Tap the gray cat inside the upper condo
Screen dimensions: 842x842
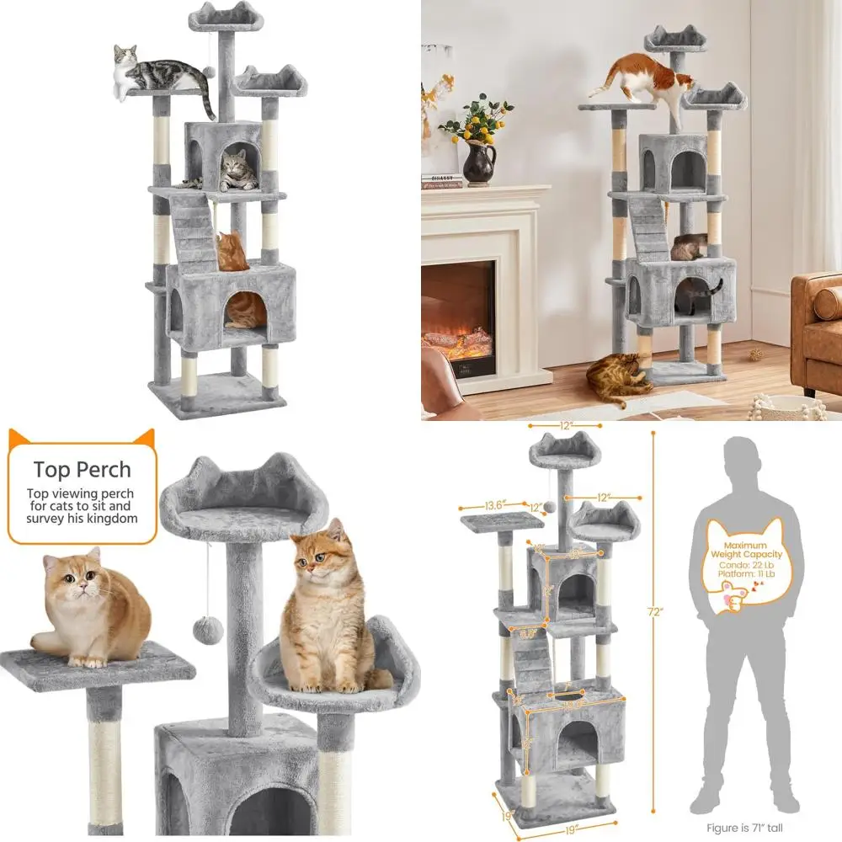237,171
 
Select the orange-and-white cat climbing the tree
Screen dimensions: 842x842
644,80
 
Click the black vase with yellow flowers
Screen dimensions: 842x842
479,161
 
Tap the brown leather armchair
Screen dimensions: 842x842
815,328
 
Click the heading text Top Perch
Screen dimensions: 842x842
82,469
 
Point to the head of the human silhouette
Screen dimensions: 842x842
746,460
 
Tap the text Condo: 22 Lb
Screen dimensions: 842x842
745,564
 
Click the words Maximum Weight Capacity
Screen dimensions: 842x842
746,549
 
